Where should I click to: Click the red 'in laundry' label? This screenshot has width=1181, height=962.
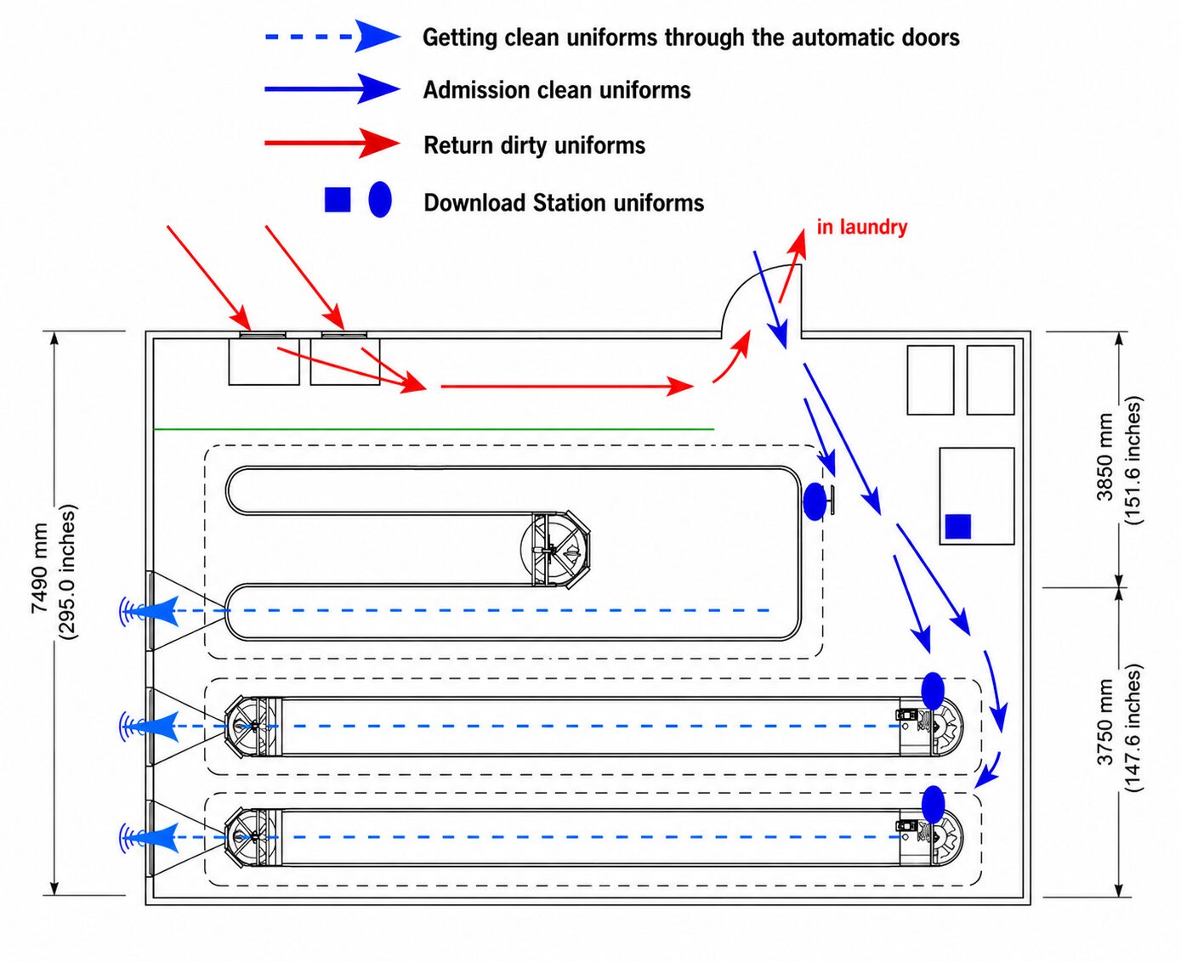[862, 227]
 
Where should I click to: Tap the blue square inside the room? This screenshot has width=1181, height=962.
[957, 526]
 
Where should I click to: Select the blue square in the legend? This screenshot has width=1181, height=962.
[337, 200]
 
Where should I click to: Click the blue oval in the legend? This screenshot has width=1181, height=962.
[380, 200]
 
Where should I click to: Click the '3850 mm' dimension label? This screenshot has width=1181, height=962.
[1104, 456]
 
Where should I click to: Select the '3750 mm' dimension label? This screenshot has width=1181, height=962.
[1104, 722]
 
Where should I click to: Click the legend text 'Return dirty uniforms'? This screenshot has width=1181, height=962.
[535, 145]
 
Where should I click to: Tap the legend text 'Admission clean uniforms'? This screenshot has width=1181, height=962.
[557, 90]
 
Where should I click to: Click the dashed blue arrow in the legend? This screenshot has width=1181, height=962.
[332, 37]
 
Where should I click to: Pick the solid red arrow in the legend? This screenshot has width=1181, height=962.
[332, 144]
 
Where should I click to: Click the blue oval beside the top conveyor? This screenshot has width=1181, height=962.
[815, 501]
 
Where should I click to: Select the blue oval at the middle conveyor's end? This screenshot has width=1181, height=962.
[933, 691]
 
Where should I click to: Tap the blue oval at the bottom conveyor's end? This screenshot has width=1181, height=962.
[933, 805]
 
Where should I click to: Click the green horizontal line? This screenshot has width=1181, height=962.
[434, 429]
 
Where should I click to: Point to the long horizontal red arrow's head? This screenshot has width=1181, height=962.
[679, 386]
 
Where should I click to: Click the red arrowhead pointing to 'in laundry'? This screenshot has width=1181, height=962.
[799, 243]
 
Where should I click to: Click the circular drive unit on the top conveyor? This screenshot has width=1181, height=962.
[555, 549]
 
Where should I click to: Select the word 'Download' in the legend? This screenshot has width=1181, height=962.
[475, 203]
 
